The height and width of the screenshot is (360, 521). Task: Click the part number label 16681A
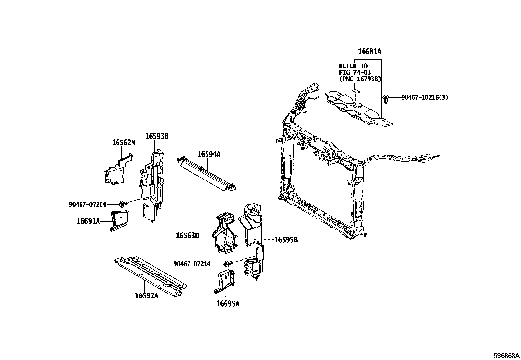coord(369,52)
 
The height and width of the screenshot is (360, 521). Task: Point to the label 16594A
coord(208,154)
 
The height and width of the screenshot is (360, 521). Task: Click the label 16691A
coord(88,221)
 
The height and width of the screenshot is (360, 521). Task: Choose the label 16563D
coord(187,236)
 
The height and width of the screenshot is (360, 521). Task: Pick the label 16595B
coord(286,240)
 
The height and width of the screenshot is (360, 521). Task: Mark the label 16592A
coord(146,296)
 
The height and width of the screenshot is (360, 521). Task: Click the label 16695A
coord(227,304)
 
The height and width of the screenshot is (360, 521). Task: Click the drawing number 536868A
coord(506,356)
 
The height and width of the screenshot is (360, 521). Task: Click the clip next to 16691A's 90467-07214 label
coord(122,204)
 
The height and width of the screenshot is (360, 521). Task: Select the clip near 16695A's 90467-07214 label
coord(227,264)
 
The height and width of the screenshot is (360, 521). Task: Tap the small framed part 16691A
coord(120,220)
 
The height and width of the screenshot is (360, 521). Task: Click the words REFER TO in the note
coord(353,66)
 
